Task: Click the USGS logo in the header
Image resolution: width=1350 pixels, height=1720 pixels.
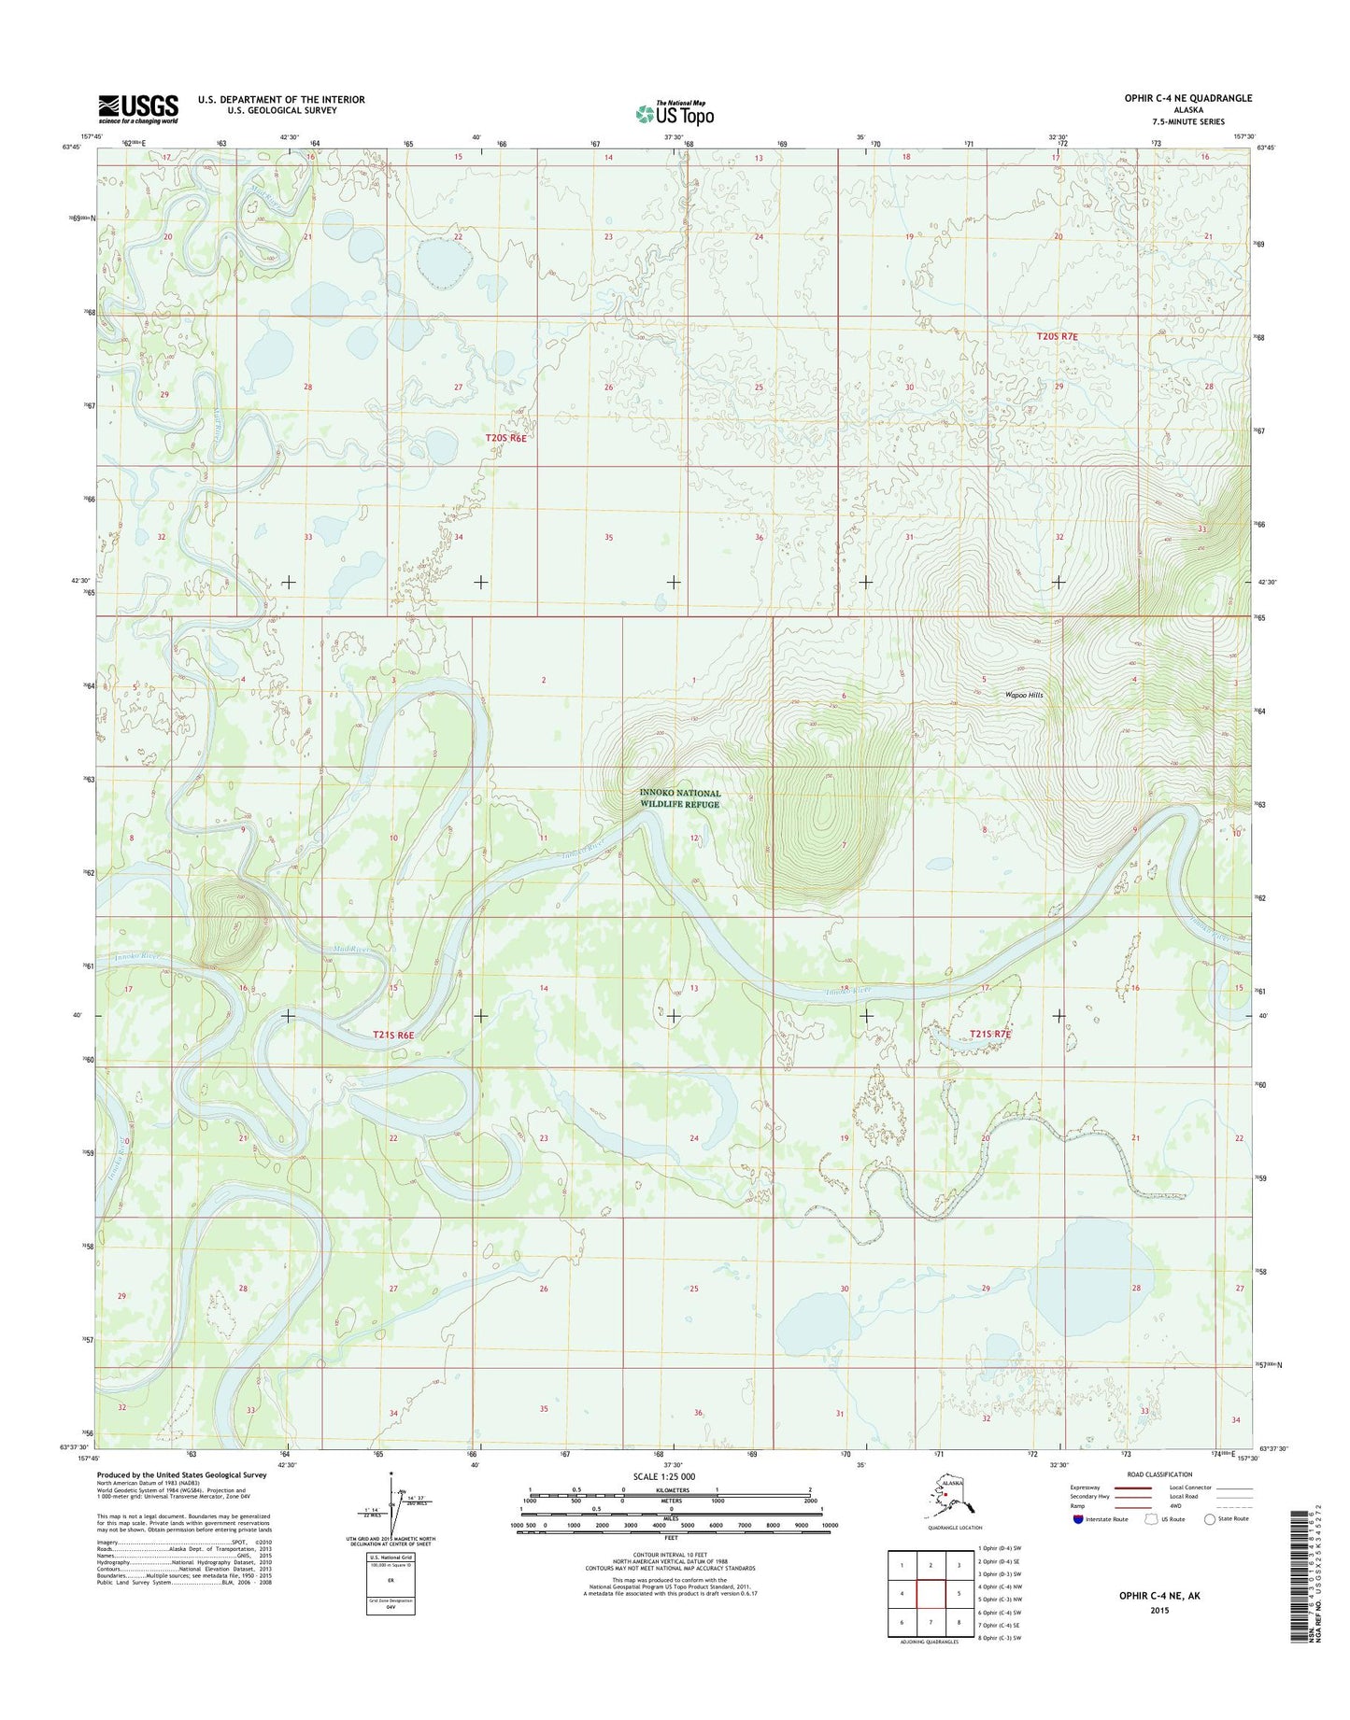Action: pos(138,108)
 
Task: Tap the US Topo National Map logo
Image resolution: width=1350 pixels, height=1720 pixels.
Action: pos(675,113)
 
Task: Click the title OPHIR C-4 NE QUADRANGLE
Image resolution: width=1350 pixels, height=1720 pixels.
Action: pos(1187,98)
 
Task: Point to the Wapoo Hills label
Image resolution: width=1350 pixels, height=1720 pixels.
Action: pos(1024,695)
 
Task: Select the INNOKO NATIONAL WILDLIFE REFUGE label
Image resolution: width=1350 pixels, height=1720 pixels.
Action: pos(680,798)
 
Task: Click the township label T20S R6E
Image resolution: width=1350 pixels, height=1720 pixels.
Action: pos(505,437)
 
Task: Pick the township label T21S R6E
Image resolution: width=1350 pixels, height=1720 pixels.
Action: pos(392,1035)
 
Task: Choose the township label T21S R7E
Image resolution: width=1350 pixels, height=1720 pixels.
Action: pos(990,1034)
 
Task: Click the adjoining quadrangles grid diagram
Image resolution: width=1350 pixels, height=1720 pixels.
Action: pos(930,1593)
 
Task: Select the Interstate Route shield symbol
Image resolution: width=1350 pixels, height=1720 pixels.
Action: pos(1080,1519)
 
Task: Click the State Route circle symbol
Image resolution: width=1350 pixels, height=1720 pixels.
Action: pos(1211,1519)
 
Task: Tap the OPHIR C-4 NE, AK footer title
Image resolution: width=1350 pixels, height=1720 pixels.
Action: pos(1158,1596)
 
